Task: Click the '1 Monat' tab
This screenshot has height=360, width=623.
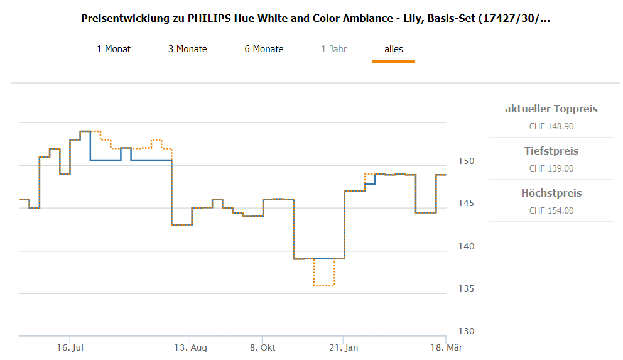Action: [114, 49]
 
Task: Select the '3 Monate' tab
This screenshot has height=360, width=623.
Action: [188, 49]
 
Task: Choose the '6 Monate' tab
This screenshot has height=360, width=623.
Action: [264, 49]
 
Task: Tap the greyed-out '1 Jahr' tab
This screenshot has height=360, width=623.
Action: [334, 49]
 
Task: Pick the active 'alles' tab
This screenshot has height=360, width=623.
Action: [394, 49]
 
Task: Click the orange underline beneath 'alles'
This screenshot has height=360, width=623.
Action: [393, 62]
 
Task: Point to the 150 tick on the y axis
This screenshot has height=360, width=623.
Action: [466, 161]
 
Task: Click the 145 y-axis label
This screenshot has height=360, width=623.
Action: [466, 204]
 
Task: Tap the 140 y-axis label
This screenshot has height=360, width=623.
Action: [466, 246]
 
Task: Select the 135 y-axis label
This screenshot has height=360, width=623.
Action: [466, 289]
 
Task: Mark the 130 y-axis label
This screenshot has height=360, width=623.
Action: [466, 331]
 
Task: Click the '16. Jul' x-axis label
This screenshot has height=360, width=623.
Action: [70, 347]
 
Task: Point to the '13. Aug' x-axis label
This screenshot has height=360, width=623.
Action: [191, 347]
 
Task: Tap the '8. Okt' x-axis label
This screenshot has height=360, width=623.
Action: [263, 347]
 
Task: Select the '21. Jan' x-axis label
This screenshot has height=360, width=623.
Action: [344, 347]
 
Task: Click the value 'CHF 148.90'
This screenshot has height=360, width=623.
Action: [551, 126]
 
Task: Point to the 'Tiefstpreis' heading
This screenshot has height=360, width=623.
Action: [551, 151]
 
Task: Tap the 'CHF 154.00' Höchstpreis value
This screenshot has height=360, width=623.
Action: [551, 210]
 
